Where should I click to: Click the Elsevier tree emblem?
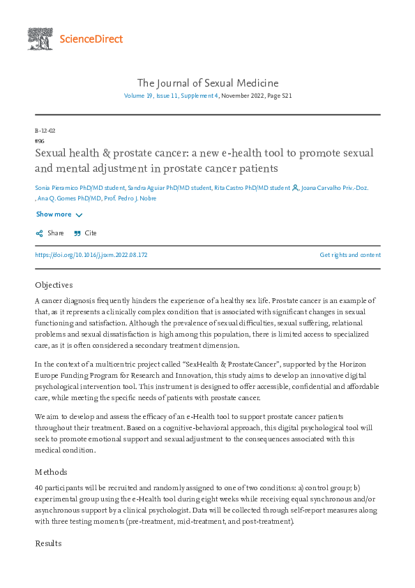(x=40, y=38)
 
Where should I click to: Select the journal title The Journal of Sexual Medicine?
(x=207, y=83)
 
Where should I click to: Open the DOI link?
(x=91, y=255)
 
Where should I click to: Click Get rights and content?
(x=350, y=255)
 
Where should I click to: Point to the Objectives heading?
(x=54, y=285)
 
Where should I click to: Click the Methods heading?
(x=51, y=471)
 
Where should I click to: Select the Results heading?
(x=48, y=543)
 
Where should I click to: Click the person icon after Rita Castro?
(x=295, y=188)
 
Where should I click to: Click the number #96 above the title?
(x=39, y=140)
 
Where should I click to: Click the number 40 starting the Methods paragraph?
(x=39, y=487)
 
